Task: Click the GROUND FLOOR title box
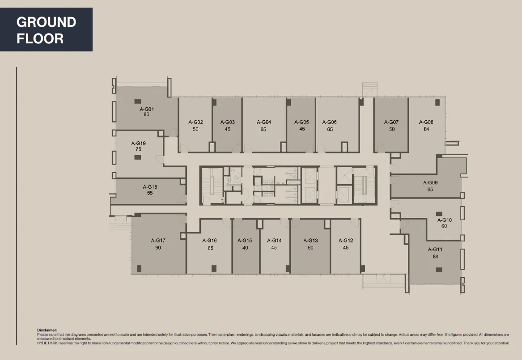46,30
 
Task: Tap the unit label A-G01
146,109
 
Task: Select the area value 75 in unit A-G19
138,149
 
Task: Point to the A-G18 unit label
150,187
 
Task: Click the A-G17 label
158,241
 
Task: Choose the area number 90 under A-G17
158,248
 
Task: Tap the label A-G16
209,241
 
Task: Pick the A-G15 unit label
245,241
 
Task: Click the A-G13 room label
310,241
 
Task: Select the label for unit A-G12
346,241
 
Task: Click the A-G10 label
444,220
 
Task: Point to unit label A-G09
430,182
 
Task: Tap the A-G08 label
426,122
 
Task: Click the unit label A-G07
391,122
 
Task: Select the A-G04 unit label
263,122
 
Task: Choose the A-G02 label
195,122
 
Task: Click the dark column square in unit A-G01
138,101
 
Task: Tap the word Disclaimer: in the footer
47,330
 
